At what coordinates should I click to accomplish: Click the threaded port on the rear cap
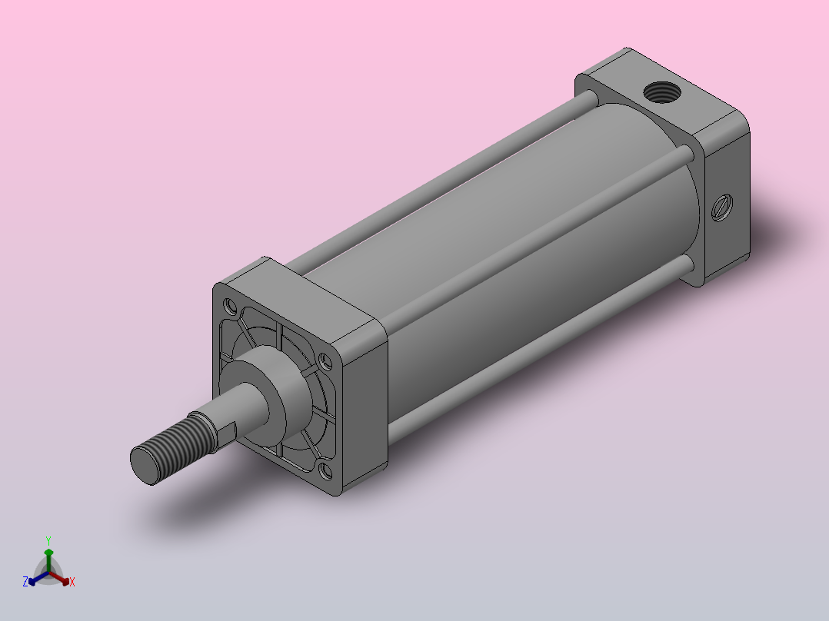click(662, 92)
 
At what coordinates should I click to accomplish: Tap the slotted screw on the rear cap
click(722, 208)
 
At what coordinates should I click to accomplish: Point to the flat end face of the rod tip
click(145, 465)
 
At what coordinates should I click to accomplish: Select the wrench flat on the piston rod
click(227, 432)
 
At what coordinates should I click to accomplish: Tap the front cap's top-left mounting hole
click(230, 305)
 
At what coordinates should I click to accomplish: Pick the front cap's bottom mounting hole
click(326, 470)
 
